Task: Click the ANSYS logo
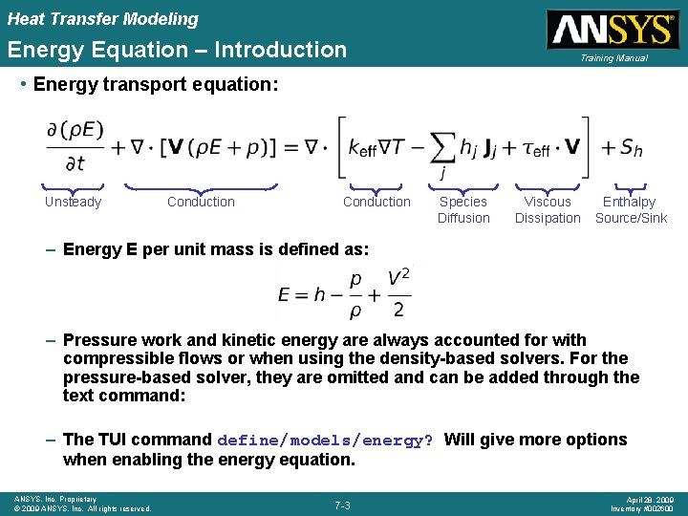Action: point(611,29)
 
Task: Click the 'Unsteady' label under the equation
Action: point(73,202)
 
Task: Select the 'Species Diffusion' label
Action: point(463,210)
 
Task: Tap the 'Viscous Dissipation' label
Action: point(548,210)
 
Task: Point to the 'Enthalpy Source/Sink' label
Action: point(631,210)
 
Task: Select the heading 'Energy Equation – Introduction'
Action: point(178,50)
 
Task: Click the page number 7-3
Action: point(343,504)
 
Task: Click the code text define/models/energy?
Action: point(325,441)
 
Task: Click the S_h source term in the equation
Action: point(631,148)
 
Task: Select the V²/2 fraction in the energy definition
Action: point(398,293)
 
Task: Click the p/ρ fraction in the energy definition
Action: point(356,293)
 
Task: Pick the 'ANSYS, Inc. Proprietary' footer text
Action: point(54,499)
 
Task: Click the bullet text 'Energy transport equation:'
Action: point(156,84)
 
